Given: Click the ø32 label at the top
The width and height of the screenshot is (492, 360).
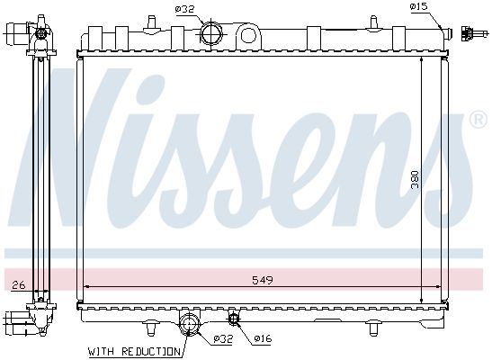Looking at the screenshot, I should coord(184,10).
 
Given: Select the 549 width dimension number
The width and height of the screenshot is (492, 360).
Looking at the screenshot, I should coord(263,280).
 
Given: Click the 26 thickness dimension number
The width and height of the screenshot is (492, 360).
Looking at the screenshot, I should coord(17,285).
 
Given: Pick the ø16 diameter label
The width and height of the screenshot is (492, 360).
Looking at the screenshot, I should coord(262,338).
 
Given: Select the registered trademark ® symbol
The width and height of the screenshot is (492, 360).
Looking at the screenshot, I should coord(479,120).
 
